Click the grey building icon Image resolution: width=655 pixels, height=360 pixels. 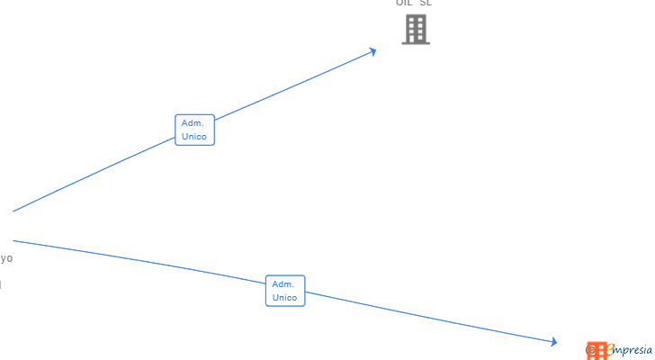[416, 30]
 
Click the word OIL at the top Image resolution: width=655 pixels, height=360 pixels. [404, 3]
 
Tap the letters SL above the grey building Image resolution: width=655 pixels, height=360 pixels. [426, 3]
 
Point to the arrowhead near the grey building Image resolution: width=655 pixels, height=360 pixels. [372, 51]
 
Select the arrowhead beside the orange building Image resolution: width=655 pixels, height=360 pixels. [552, 341]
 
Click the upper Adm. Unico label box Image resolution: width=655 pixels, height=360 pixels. [194, 130]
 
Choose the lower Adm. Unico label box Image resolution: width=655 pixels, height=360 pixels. [285, 291]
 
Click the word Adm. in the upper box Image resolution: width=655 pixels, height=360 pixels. [193, 123]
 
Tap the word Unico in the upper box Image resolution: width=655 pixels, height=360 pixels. [194, 137]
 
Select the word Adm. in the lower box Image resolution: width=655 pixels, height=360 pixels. [283, 284]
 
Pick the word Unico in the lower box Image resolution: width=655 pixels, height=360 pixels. [285, 298]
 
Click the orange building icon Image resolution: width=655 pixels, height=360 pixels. [597, 350]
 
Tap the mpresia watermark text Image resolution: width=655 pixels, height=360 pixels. [635, 349]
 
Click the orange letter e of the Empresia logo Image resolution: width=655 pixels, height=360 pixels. [610, 349]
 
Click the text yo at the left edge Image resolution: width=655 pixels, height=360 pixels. [6, 258]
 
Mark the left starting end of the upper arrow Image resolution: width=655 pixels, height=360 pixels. [13, 211]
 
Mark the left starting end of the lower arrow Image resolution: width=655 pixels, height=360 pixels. [13, 240]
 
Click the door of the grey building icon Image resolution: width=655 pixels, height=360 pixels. [416, 40]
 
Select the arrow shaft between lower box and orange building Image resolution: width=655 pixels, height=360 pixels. [432, 318]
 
